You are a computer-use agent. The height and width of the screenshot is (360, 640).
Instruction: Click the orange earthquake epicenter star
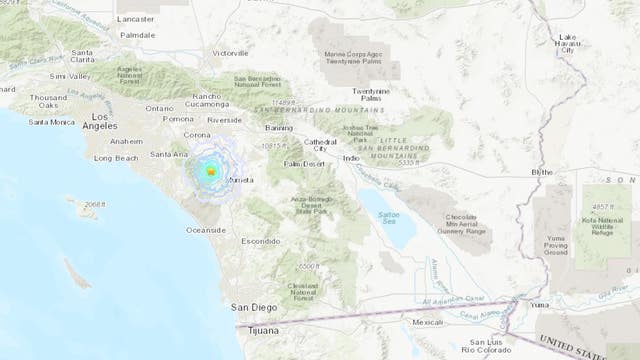pyautogui.click(x=211, y=173)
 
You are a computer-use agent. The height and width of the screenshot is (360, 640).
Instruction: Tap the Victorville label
pyautogui.click(x=229, y=53)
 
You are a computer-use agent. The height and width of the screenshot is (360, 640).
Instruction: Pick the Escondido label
pyautogui.click(x=260, y=242)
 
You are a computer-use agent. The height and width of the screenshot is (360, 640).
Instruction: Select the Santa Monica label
pyautogui.click(x=51, y=123)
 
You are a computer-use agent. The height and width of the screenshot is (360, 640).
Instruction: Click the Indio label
pyautogui.click(x=351, y=157)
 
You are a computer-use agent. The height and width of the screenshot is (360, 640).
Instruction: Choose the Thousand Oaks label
pyautogui.click(x=45, y=101)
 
